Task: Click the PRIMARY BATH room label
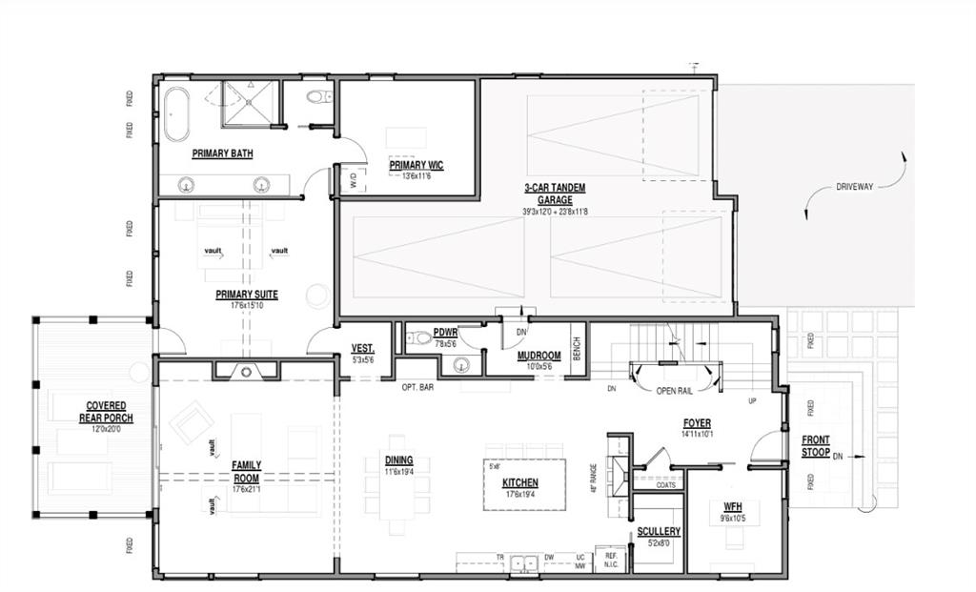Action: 222,153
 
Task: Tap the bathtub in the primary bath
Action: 176,113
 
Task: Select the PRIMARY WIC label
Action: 416,165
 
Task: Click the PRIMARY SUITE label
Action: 246,295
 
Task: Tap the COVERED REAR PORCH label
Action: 106,412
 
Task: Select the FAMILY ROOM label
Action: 246,471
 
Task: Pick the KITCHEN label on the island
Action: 520,483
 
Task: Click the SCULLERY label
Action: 659,531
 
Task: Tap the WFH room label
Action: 732,506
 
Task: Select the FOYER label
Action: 696,423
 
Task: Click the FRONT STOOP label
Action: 815,446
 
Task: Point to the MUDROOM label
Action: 539,356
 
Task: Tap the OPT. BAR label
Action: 417,388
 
